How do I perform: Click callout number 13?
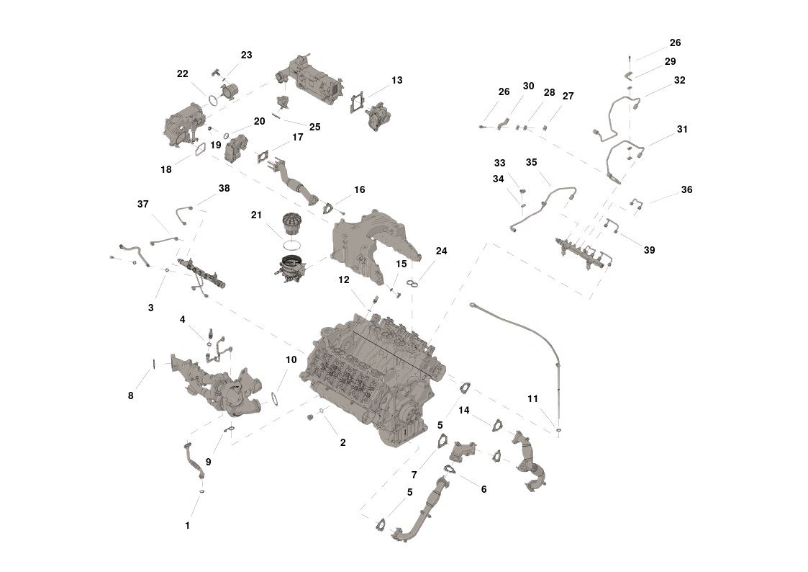tap(396, 81)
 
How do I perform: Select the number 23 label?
tap(246, 55)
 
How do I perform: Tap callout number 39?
tap(649, 250)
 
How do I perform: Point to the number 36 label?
tap(687, 189)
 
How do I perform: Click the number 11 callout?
tap(533, 398)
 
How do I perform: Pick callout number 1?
tap(188, 526)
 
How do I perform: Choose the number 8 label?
tap(131, 396)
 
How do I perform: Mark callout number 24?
tap(442, 251)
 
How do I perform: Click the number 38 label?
tap(224, 188)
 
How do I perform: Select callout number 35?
tap(531, 163)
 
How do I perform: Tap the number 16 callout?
tap(360, 189)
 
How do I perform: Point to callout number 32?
tap(680, 81)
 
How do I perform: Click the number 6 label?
tap(484, 489)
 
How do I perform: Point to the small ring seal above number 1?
tap(201, 492)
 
